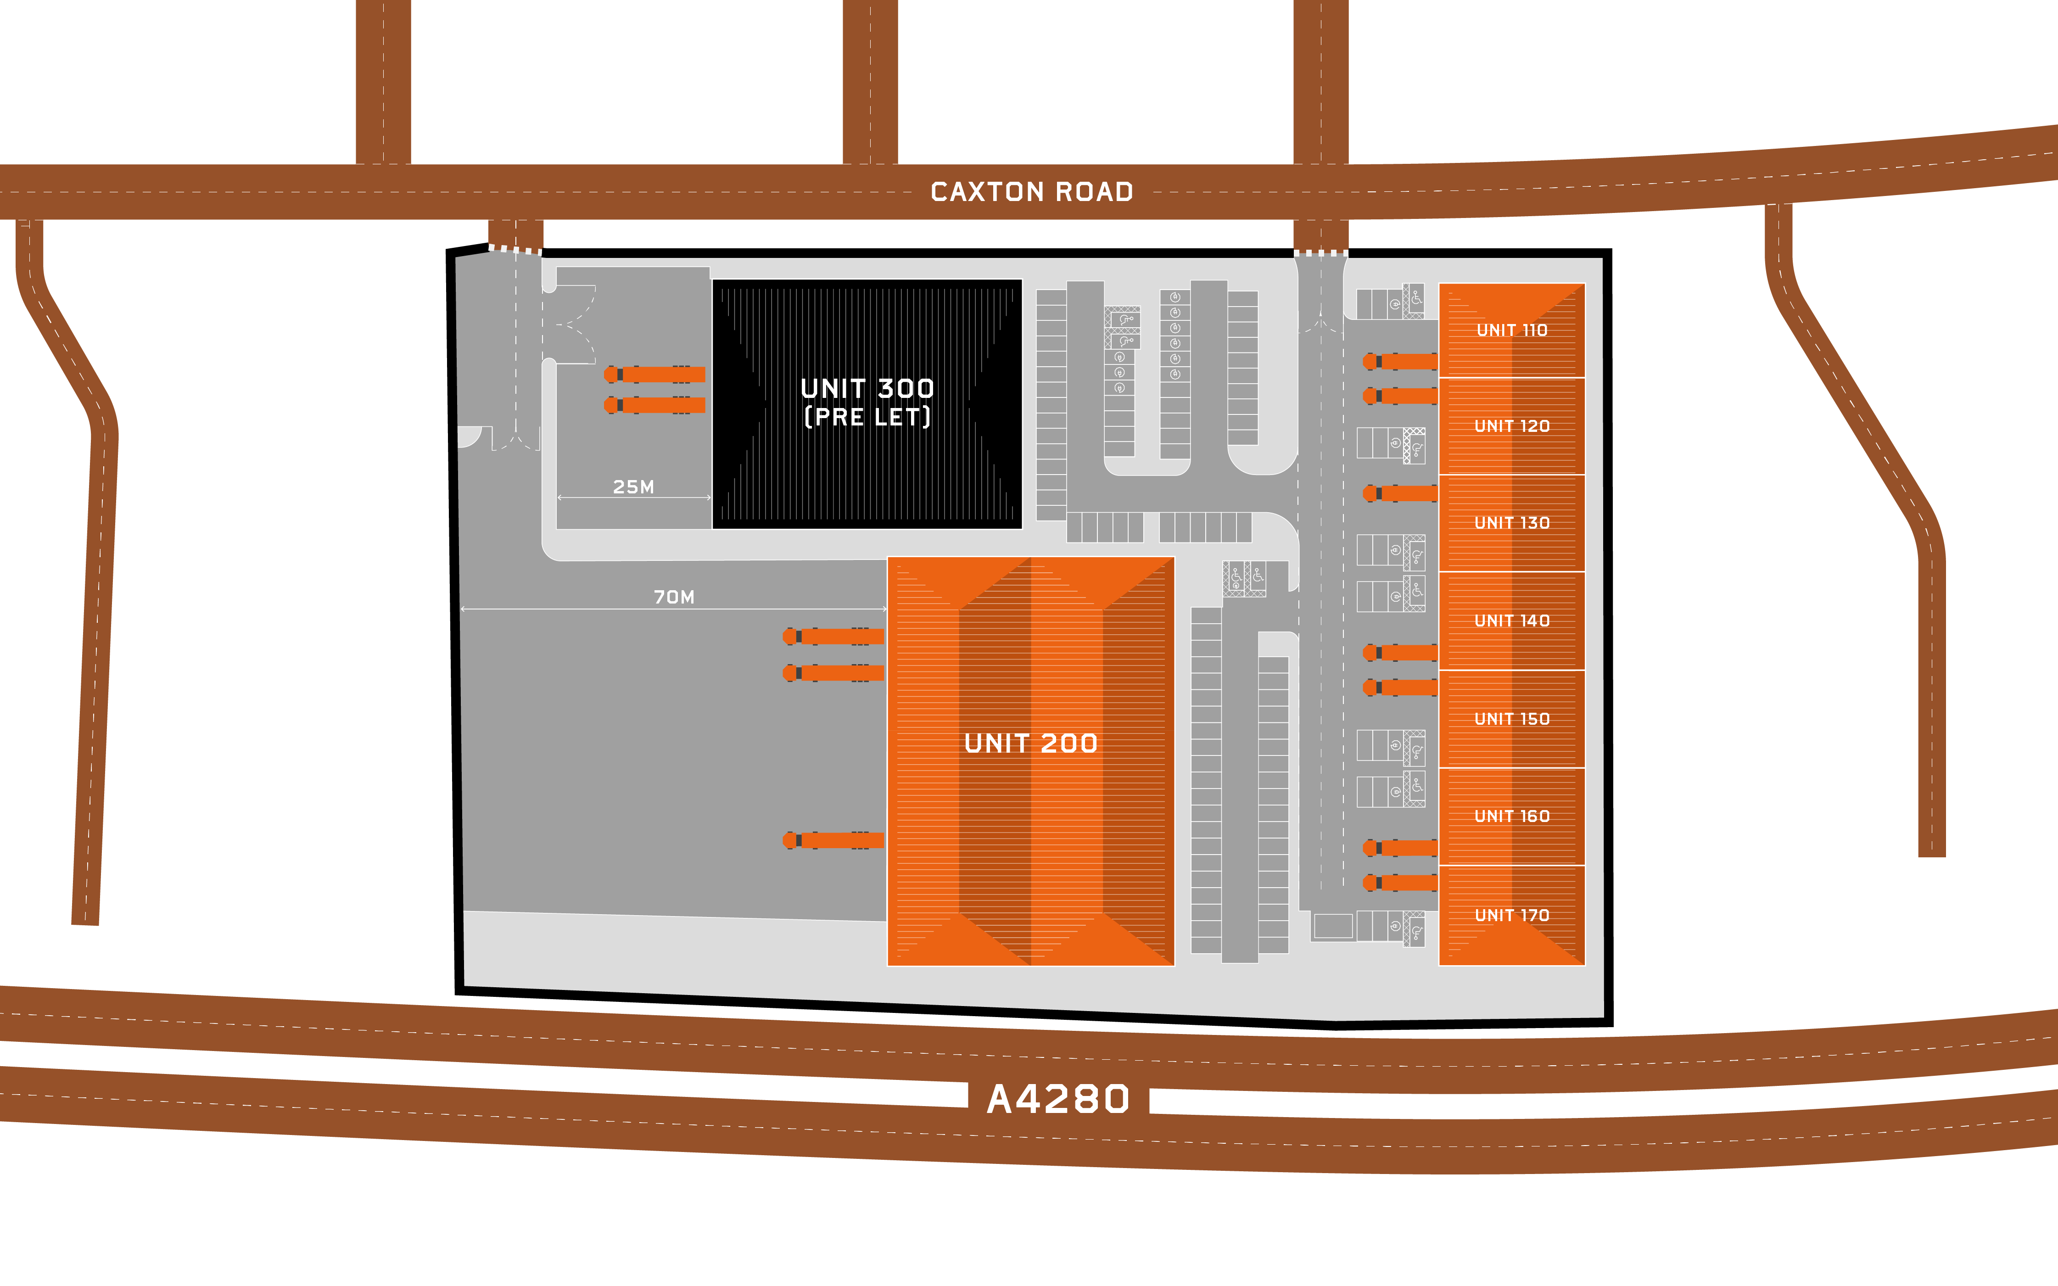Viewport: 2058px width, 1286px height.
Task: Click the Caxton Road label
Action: tap(1032, 192)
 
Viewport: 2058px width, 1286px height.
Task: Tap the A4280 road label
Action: tap(1058, 1099)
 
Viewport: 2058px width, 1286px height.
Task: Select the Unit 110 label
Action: tap(1511, 330)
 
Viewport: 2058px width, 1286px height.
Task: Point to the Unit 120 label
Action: tap(1511, 426)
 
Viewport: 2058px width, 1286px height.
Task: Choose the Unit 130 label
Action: tap(1511, 523)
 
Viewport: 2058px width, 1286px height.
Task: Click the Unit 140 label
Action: tap(1511, 621)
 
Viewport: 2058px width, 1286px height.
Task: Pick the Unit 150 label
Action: tap(1511, 719)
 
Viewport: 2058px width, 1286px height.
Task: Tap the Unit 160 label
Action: tap(1511, 816)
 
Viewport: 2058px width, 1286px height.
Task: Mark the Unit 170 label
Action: tap(1511, 915)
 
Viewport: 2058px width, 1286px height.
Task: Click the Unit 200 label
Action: tap(1031, 744)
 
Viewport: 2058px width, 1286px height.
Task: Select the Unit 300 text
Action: tap(867, 389)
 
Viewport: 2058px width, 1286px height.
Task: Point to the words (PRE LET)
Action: tap(867, 417)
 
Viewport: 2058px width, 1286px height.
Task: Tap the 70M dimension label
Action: tap(673, 597)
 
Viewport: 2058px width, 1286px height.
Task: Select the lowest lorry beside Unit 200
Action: tap(833, 840)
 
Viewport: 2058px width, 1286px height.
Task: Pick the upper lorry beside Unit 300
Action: tap(655, 374)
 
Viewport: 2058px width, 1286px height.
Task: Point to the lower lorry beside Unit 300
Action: tap(655, 405)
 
